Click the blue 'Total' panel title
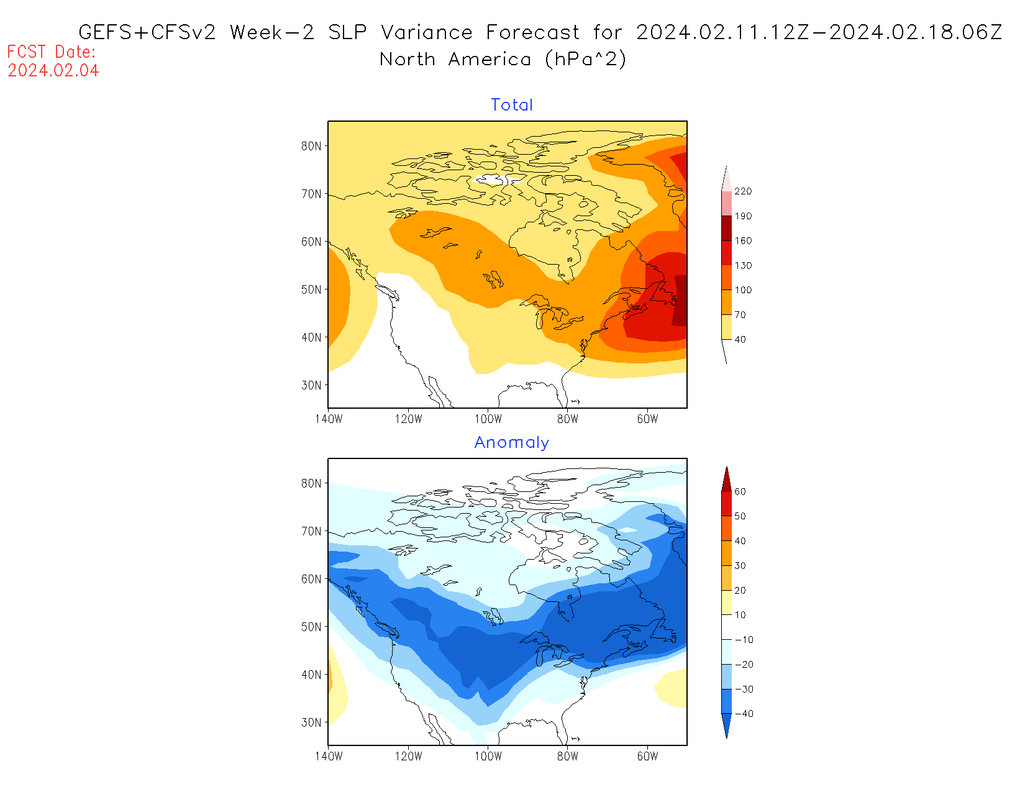(512, 105)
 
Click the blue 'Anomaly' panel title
(512, 442)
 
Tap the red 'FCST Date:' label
(52, 52)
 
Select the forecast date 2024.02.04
(53, 71)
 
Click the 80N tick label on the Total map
(312, 146)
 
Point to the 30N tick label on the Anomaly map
(312, 722)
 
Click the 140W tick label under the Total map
(329, 419)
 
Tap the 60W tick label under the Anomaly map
(647, 757)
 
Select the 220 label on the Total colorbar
(743, 191)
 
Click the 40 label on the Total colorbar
(740, 340)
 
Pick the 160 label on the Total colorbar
(743, 241)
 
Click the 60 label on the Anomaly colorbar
(740, 492)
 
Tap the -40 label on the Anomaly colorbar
(744, 714)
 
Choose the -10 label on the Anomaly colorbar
(744, 640)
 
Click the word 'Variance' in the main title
(427, 32)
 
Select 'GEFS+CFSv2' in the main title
(148, 32)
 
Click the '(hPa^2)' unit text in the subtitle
(585, 60)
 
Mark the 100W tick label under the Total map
(488, 419)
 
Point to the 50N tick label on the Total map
(312, 289)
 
